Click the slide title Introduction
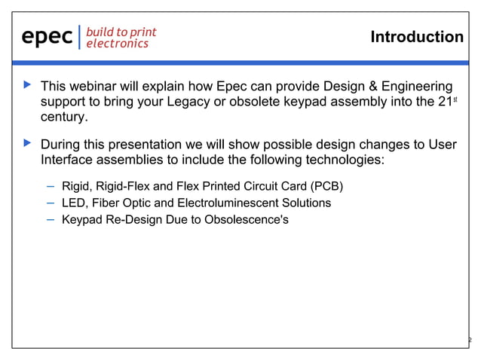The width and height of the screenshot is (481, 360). coord(417,37)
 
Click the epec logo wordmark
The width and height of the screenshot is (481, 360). coord(47,37)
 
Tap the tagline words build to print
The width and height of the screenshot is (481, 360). coord(121,32)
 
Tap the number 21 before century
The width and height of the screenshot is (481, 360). coord(446,102)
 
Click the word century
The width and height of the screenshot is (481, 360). coord(64,117)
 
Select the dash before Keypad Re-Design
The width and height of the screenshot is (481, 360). coord(49,220)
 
